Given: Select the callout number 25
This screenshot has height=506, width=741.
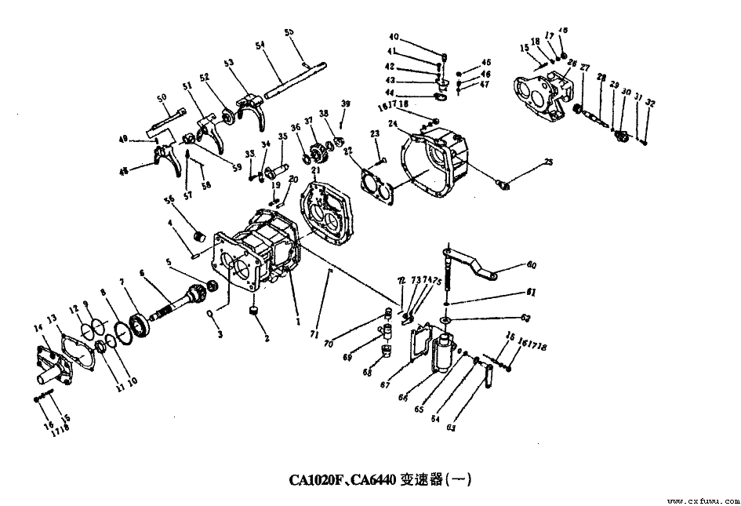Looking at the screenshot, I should click(x=548, y=162).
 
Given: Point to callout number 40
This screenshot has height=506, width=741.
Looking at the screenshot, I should click(x=394, y=37).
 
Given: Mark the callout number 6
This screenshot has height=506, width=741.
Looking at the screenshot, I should click(x=143, y=273).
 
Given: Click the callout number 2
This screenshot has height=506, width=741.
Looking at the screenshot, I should click(x=267, y=339).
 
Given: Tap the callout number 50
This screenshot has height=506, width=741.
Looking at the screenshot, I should click(x=162, y=97).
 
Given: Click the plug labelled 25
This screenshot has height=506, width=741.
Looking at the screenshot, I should click(x=504, y=184).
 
